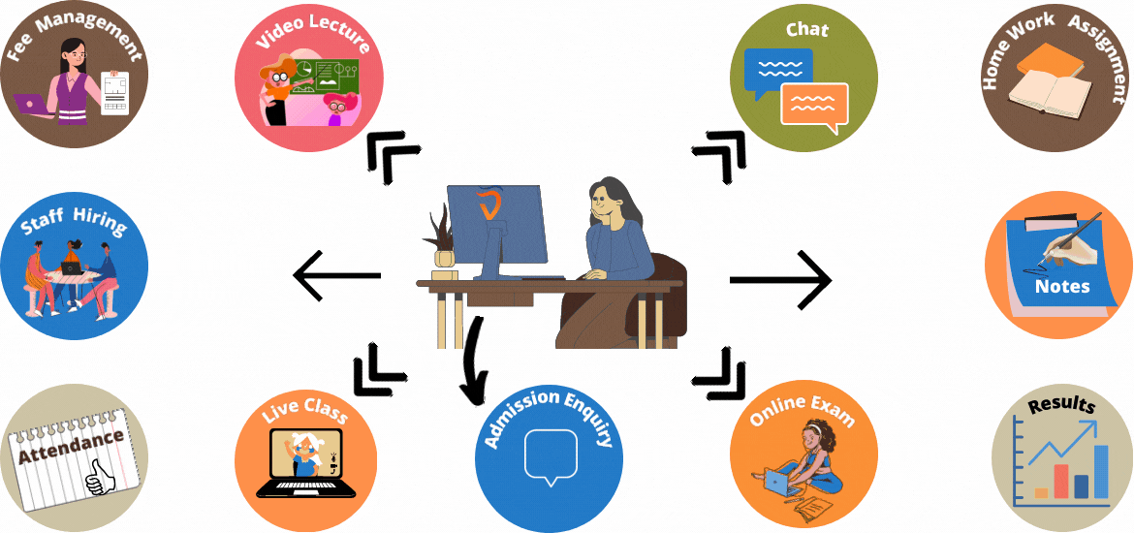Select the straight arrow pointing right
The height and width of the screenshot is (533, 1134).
click(780, 280)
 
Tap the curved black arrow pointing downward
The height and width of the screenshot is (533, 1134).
click(473, 359)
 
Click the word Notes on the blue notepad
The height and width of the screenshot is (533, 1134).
click(1062, 286)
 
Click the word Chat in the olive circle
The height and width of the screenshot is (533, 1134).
click(806, 30)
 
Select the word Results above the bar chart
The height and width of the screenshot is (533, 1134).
click(1061, 406)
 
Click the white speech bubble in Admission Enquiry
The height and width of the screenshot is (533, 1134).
click(550, 455)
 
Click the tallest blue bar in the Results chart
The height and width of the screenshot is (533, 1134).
click(1101, 471)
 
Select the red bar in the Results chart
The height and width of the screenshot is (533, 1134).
click(1060, 480)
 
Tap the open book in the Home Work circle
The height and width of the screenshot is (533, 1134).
click(1047, 96)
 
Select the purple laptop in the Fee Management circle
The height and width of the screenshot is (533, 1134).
click(32, 105)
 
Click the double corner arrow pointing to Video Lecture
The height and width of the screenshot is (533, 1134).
click(390, 156)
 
